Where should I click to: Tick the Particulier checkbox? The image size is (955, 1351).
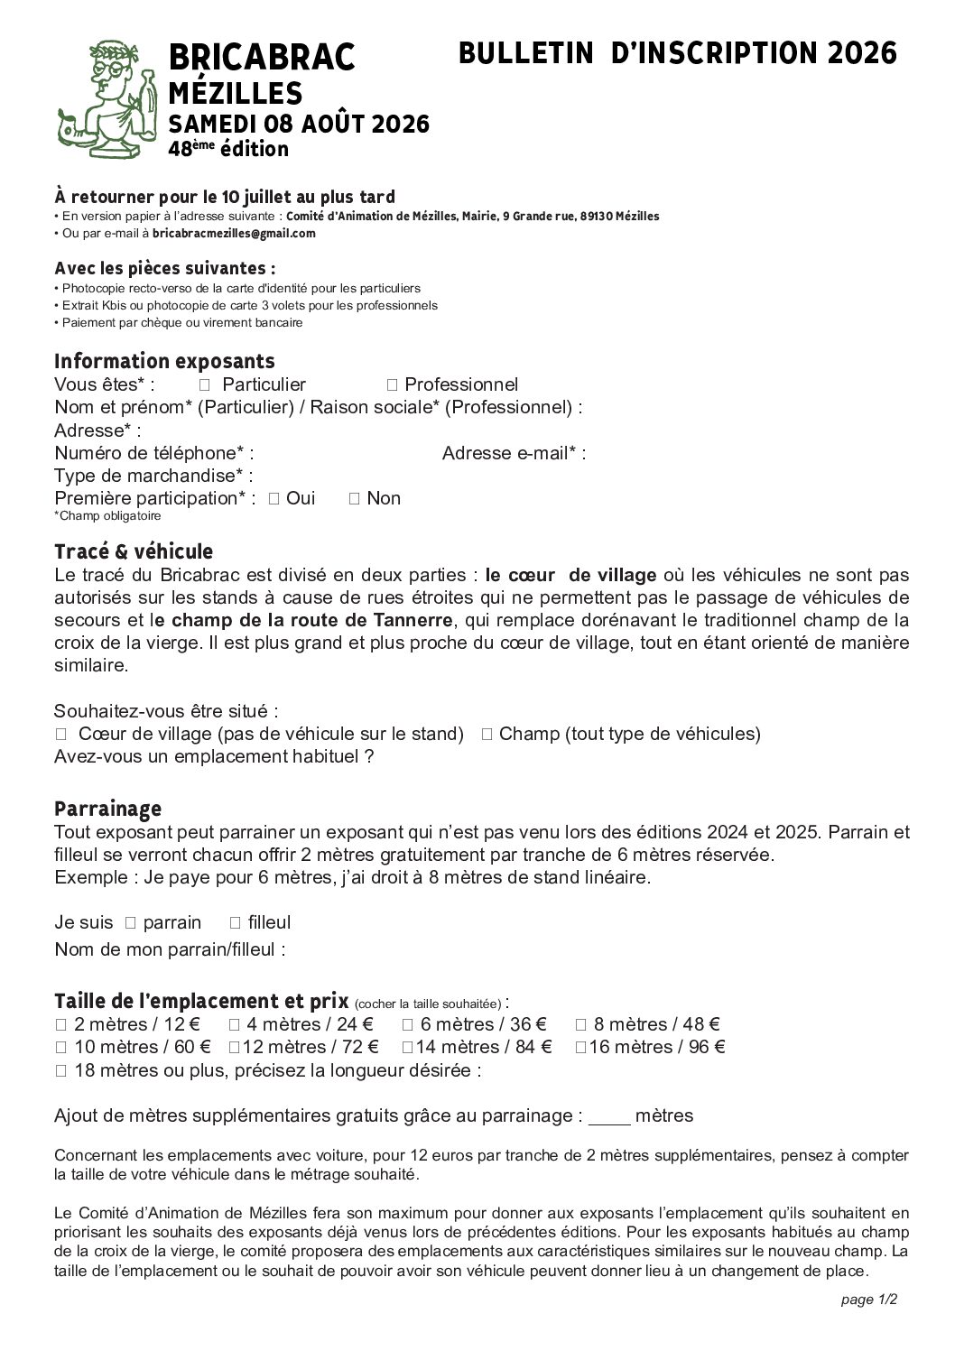(204, 385)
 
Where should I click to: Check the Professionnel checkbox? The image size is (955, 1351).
(392, 385)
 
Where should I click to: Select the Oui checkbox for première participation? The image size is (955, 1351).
(274, 498)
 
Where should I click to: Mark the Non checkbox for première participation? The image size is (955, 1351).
(354, 498)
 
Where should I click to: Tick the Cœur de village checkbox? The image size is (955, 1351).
(60, 734)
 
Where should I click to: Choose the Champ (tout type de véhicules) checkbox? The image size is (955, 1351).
(487, 734)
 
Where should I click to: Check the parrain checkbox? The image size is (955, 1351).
(130, 922)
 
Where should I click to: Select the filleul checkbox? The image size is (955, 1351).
(235, 922)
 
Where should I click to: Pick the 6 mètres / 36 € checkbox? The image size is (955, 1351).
(407, 1024)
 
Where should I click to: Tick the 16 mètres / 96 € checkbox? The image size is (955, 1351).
(581, 1047)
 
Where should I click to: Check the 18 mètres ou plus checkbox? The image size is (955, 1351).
(60, 1071)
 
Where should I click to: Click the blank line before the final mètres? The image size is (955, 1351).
(609, 1118)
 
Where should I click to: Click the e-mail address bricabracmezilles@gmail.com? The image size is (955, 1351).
(234, 233)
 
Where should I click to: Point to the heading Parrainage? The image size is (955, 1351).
(107, 808)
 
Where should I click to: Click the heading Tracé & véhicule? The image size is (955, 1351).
(134, 551)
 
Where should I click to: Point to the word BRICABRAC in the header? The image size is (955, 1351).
(262, 58)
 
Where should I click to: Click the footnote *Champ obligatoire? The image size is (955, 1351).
(107, 516)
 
